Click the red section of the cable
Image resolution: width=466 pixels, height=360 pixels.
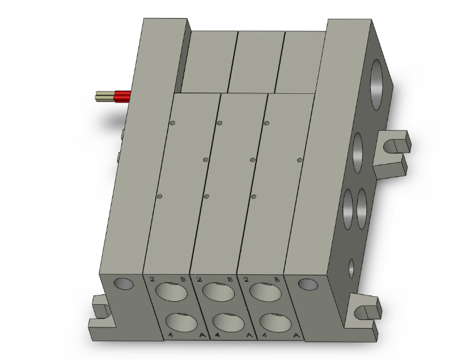point(122,96)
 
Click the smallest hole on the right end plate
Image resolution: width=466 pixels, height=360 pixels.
point(351,267)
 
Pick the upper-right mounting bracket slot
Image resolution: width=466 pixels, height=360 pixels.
point(393,147)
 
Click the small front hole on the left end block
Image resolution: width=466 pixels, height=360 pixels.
point(123,284)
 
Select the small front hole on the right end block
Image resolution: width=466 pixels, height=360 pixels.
point(308,284)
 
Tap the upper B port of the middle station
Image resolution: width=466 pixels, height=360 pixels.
point(216,292)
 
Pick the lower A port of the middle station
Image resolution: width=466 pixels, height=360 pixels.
point(226,322)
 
